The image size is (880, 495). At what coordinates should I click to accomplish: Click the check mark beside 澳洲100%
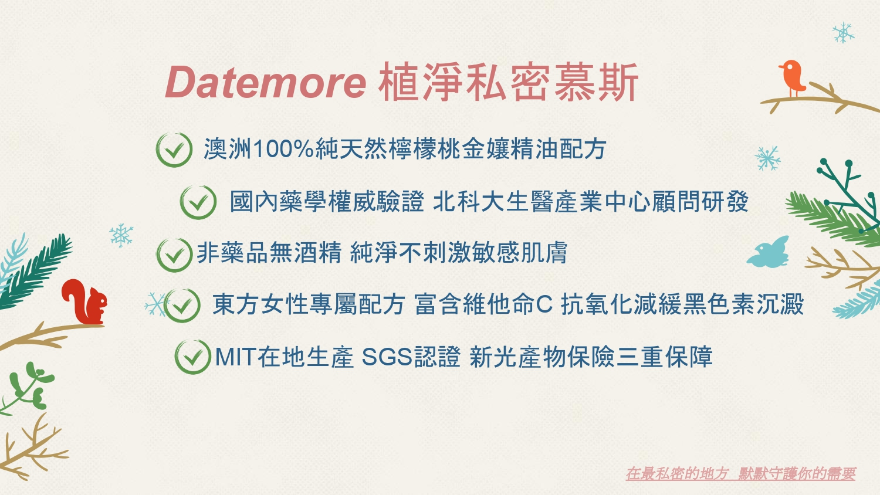point(174,150)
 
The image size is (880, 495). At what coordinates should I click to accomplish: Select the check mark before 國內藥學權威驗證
point(198,202)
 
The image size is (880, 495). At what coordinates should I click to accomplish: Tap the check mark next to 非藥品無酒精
point(174,255)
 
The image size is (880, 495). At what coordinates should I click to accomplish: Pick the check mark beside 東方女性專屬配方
point(181,305)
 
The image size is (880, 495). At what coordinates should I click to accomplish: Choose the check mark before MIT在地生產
point(192,357)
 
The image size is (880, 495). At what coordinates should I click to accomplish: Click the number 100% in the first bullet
point(283,150)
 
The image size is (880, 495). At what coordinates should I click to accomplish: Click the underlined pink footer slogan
point(740,474)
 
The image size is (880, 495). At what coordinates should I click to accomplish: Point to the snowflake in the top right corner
point(843,33)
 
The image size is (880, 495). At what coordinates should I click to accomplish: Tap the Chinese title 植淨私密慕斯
point(508,83)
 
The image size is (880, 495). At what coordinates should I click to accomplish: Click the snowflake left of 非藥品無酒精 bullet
point(121,235)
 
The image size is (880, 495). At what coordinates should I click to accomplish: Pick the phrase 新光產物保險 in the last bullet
point(542,357)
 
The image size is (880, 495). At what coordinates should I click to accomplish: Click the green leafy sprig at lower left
point(28,387)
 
